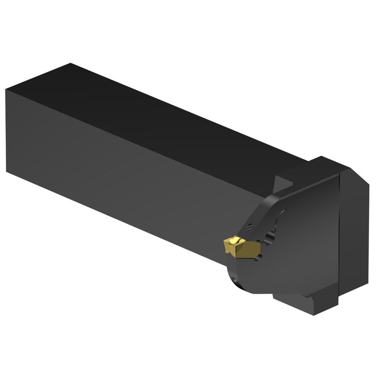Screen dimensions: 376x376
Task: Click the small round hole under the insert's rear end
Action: [x=259, y=256]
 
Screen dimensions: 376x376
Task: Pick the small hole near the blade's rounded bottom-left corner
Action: [x=234, y=280]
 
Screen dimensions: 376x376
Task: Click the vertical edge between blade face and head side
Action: [x=339, y=238]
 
